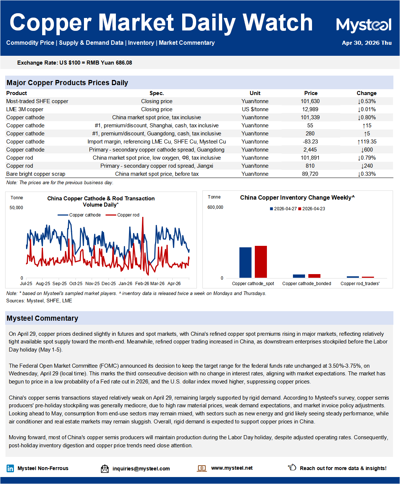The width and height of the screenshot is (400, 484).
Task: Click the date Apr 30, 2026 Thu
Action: point(367,43)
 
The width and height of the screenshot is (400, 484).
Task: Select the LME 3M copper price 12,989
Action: point(310,109)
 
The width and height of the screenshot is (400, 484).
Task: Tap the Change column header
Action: point(366,93)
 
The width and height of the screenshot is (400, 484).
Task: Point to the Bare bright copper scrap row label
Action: point(36,174)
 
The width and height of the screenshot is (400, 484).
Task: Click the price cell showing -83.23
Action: point(310,142)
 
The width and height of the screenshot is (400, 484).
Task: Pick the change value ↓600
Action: point(367,150)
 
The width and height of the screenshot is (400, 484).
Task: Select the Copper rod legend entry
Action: point(122,215)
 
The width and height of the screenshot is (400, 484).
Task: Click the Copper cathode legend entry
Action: point(79,215)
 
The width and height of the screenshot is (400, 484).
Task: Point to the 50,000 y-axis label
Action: point(16,208)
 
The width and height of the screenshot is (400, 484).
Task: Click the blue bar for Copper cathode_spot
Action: point(245,262)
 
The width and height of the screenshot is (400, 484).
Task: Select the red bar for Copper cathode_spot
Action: point(261,262)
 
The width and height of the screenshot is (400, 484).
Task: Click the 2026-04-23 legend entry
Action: point(312,209)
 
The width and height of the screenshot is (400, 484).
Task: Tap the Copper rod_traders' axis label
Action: point(360,284)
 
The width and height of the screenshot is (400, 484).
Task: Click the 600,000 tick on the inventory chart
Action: point(215,207)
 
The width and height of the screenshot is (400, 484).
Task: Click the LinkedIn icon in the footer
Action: point(10,468)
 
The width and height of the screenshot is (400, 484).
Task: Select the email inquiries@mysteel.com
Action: point(141,469)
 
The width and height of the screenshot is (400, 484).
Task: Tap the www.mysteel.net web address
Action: point(232,468)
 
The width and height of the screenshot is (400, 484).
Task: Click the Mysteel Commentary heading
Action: point(43,318)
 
